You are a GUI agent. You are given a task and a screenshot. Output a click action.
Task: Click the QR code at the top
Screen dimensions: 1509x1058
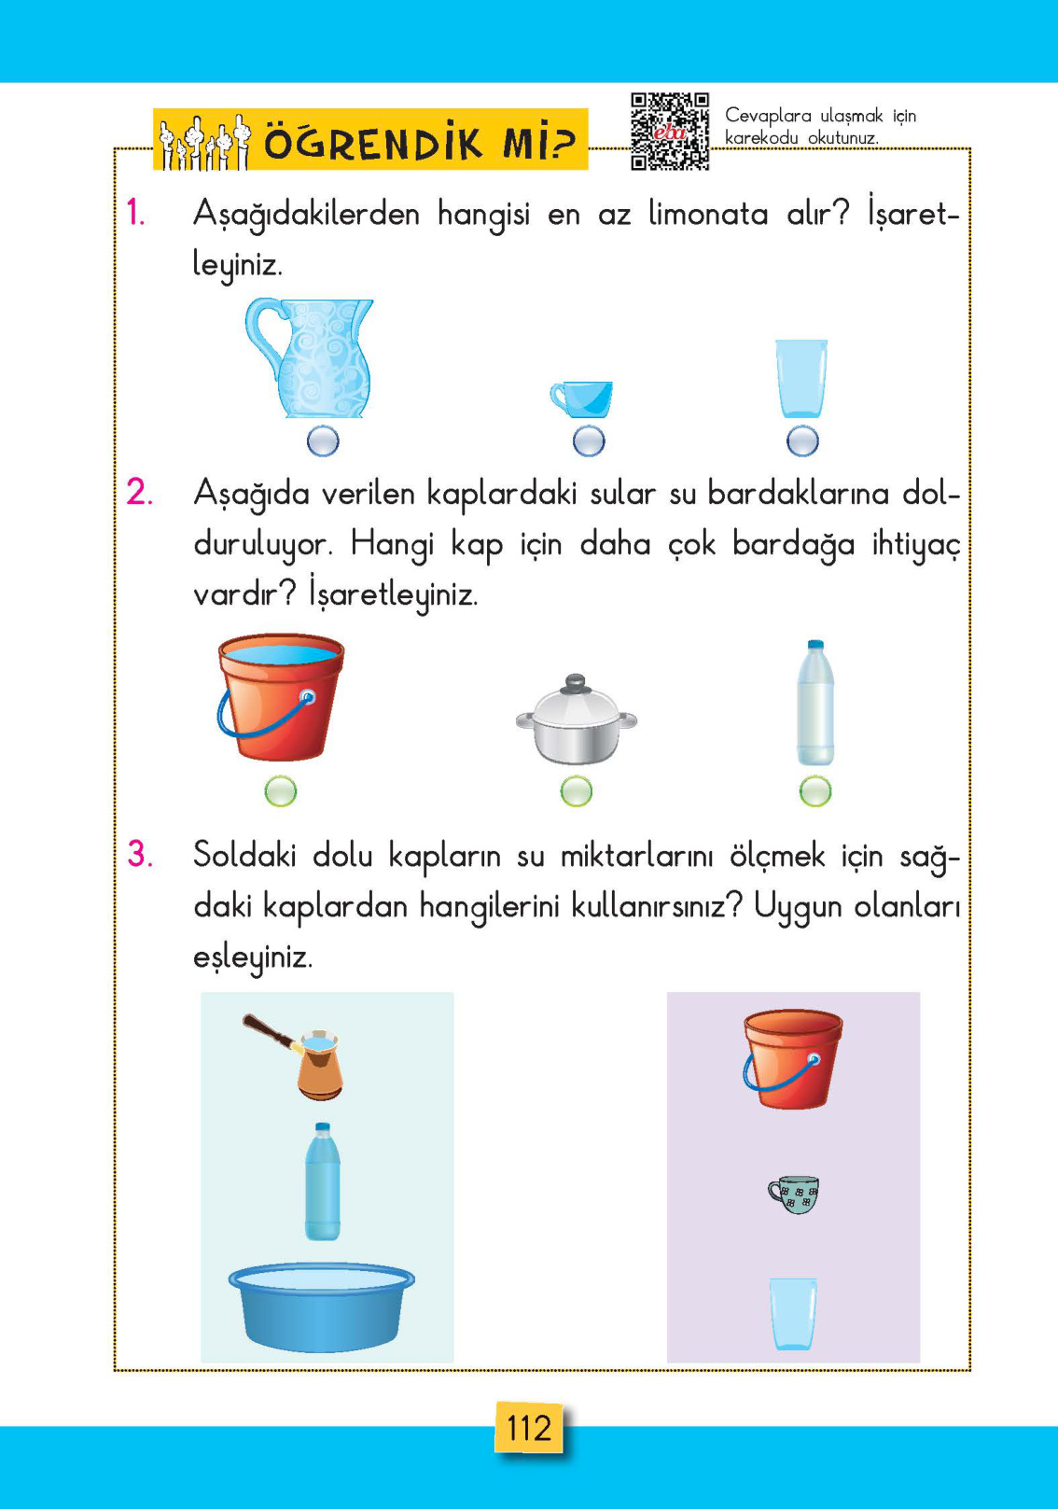[669, 131]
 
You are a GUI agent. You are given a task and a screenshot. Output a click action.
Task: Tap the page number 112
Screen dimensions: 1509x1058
[528, 1428]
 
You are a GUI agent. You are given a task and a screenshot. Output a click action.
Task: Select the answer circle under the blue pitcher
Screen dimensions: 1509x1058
[323, 440]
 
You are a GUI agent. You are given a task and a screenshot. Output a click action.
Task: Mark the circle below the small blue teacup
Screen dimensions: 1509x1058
[589, 440]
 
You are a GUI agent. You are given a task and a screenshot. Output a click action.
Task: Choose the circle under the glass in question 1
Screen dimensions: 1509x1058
[802, 440]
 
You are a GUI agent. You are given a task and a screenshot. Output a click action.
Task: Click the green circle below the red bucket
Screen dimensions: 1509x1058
[281, 791]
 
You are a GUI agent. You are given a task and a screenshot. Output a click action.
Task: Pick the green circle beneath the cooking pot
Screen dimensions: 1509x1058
[577, 791]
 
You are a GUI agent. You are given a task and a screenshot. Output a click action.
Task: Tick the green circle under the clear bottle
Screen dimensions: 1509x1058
[815, 791]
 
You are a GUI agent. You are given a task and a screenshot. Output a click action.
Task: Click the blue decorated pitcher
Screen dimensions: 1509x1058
[313, 358]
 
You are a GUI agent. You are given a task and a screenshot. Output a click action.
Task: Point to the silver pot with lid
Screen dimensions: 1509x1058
[576, 720]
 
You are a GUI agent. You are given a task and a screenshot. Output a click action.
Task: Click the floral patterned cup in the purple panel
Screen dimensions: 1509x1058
[793, 1194]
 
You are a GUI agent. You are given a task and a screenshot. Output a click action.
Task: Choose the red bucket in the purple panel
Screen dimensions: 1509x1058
[792, 1058]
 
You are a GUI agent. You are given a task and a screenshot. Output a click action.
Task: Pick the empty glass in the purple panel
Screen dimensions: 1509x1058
[793, 1313]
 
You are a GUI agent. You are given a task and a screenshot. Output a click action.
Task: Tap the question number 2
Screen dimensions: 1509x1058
[139, 492]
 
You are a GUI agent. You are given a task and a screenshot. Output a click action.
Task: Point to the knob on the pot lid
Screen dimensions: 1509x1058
[576, 682]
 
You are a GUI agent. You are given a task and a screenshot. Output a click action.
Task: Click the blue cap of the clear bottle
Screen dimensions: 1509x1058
[815, 645]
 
